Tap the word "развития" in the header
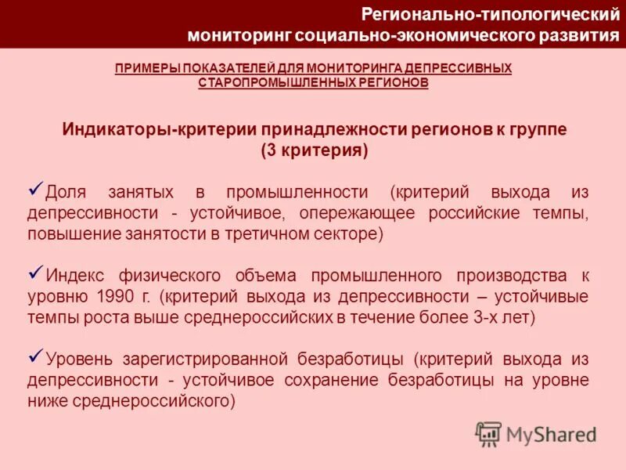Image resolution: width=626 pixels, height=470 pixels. click(576, 35)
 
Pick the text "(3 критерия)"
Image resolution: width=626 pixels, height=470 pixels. click(314, 150)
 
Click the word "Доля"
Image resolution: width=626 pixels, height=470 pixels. click(63, 193)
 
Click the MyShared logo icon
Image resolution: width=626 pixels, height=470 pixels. click(489, 433)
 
